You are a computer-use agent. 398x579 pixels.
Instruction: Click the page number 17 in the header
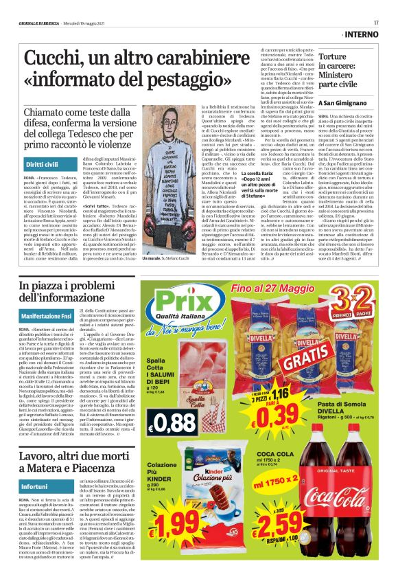click(376, 22)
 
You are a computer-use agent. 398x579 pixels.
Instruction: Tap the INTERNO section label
click(361, 34)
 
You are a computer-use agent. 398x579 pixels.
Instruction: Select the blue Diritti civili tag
click(42, 166)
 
